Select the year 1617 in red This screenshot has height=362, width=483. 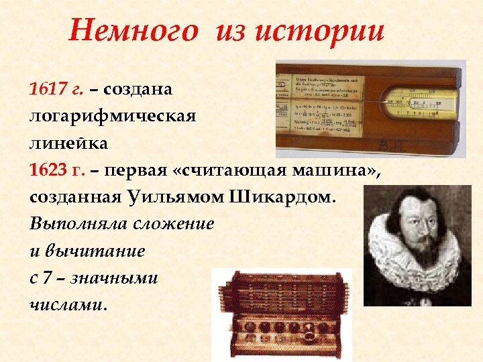(x=44, y=89)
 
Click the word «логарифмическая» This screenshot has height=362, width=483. (x=113, y=116)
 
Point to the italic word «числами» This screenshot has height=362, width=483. (x=67, y=305)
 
